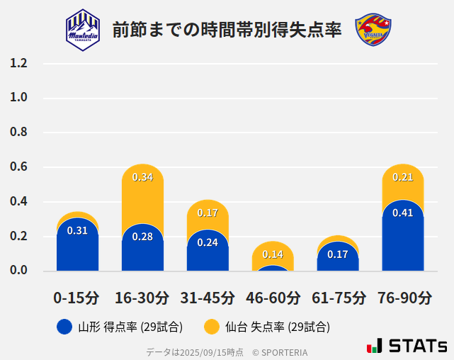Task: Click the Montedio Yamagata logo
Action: [83, 29]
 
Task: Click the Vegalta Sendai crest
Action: [373, 29]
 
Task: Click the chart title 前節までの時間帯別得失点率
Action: [227, 30]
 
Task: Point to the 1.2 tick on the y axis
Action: [18, 63]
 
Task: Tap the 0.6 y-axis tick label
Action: [18, 167]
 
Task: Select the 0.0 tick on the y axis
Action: [18, 270]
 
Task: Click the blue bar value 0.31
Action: [77, 230]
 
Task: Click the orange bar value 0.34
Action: [142, 177]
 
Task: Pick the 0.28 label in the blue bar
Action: [142, 236]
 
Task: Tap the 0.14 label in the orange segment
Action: [273, 254]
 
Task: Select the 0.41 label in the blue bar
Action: [402, 213]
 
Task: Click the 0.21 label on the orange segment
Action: [402, 177]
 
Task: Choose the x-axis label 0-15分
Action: [76, 297]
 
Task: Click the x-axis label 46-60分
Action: [273, 297]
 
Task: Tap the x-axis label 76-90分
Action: [404, 297]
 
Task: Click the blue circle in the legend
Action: [64, 327]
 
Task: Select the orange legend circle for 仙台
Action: [211, 327]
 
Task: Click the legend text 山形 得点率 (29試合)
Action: [130, 327]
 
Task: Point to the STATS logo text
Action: [418, 346]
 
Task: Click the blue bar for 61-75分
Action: [338, 257]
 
